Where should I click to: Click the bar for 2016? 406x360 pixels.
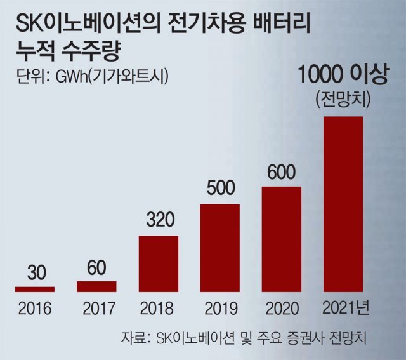[34, 289]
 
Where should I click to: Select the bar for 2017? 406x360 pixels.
[96, 286]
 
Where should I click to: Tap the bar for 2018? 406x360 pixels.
[158, 263]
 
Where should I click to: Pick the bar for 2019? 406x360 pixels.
[220, 248]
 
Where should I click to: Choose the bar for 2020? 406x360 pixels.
[282, 239]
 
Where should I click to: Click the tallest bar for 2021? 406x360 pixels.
[343, 204]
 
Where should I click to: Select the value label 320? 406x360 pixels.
[158, 223]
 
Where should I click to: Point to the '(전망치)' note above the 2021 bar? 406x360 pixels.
[343, 100]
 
